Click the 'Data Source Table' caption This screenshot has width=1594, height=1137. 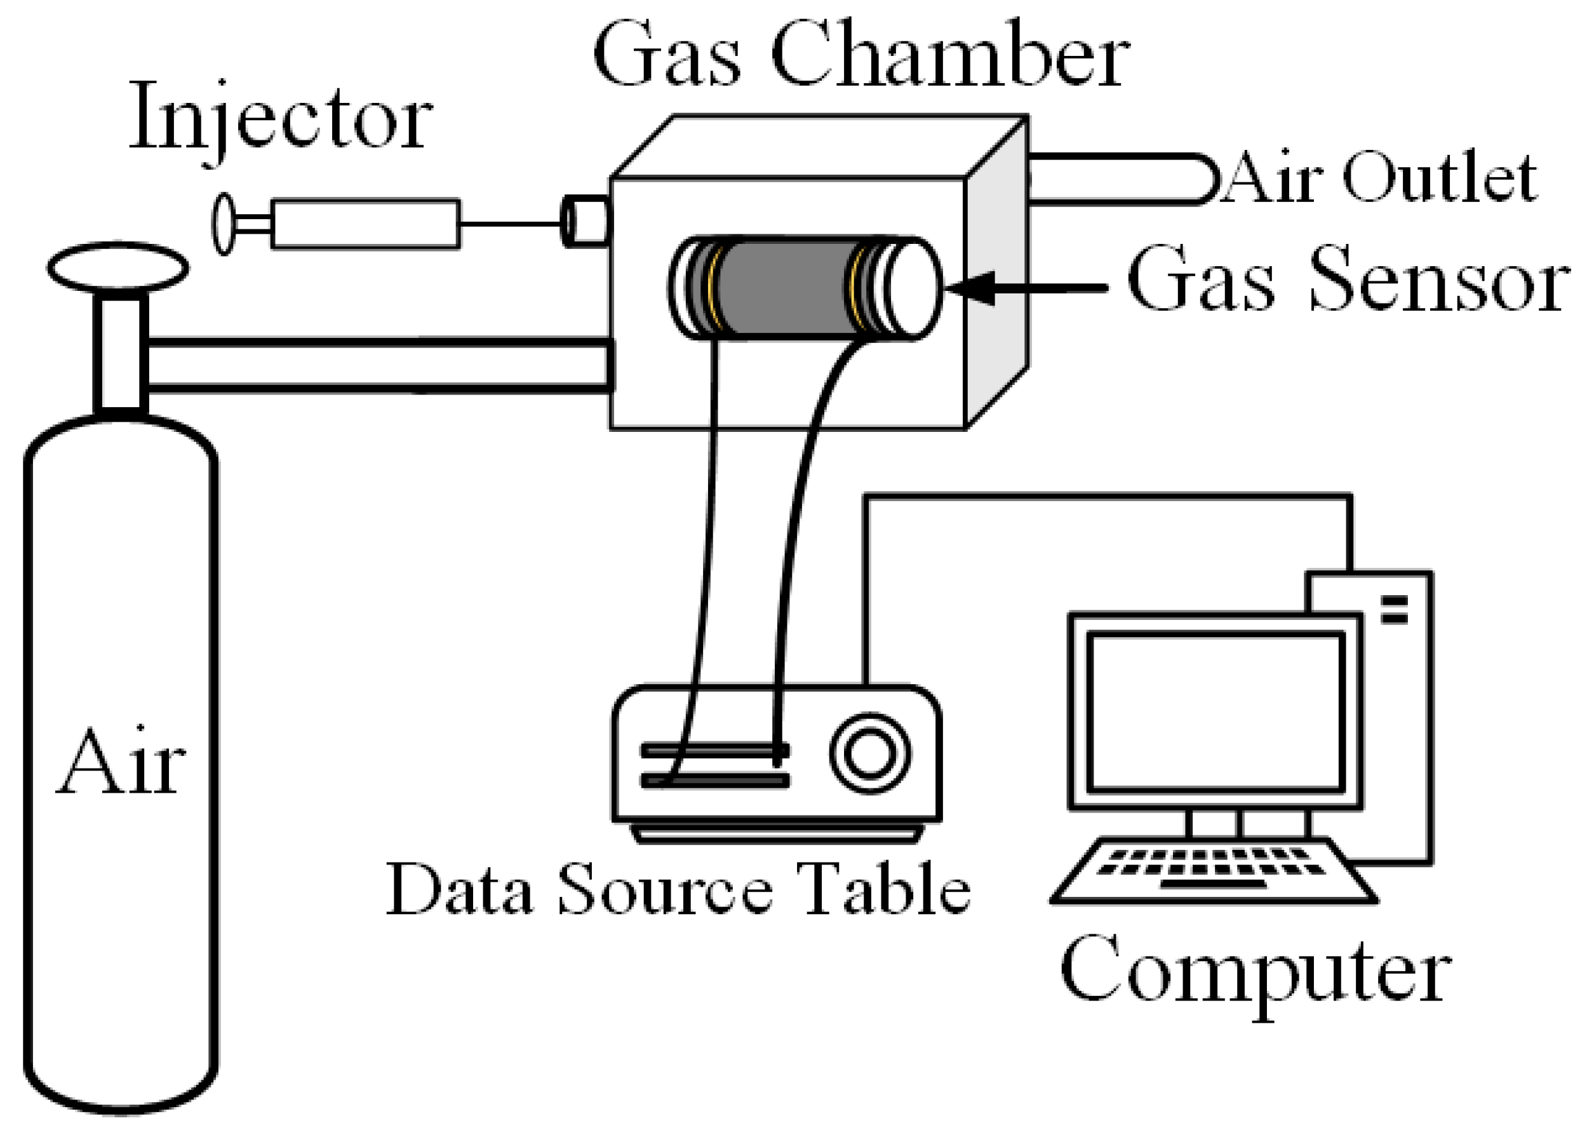pyautogui.click(x=678, y=890)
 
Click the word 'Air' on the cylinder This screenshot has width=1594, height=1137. pyautogui.click(x=121, y=762)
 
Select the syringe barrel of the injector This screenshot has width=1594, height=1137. pyautogui.click(x=365, y=224)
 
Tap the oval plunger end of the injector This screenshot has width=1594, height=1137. pyautogui.click(x=224, y=224)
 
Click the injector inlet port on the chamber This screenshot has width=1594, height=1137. pyautogui.click(x=587, y=221)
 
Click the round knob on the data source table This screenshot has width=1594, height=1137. pyautogui.click(x=870, y=753)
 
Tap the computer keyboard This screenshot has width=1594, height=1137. pyautogui.click(x=1212, y=871)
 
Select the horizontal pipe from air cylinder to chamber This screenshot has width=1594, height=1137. pyautogui.click(x=378, y=364)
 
